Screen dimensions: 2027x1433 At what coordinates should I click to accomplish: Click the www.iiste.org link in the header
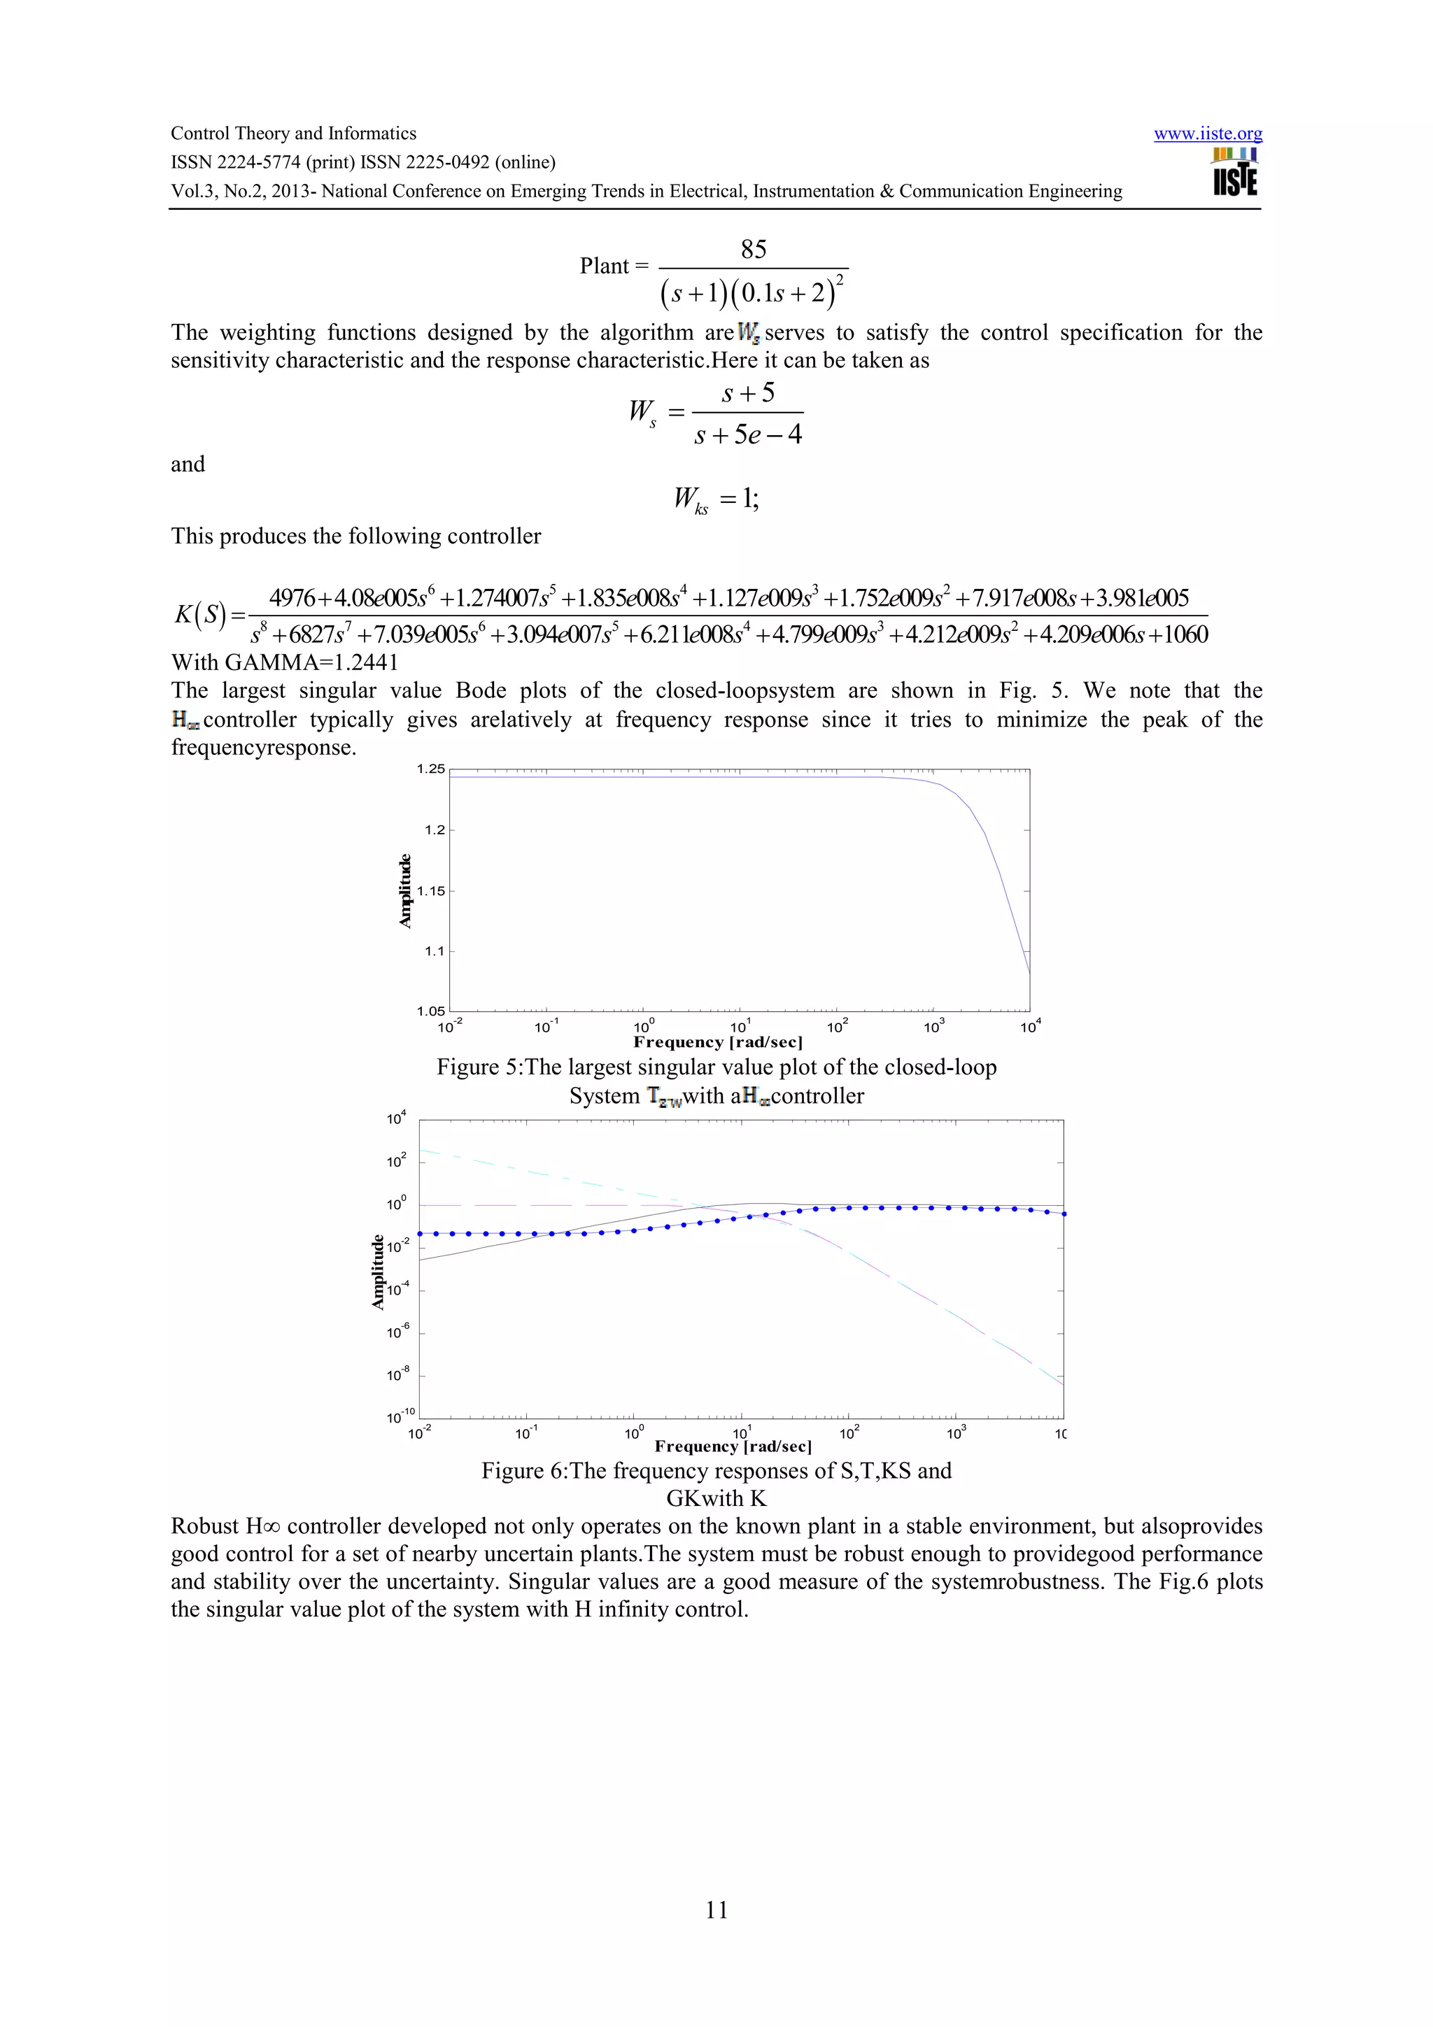[1207, 134]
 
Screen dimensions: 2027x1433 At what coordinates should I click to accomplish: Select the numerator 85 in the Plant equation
[753, 250]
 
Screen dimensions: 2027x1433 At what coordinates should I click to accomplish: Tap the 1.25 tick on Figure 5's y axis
[431, 769]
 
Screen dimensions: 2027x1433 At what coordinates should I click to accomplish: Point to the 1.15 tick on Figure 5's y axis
[431, 891]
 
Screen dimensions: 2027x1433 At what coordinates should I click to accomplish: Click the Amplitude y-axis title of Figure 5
[405, 891]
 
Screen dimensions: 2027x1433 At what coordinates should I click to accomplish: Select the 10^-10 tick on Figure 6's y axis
[400, 1417]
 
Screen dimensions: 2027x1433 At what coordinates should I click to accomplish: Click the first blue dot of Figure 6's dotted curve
[421, 1233]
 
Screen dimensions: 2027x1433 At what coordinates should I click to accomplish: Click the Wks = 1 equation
[716, 499]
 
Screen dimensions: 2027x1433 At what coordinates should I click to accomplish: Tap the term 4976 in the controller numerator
[292, 599]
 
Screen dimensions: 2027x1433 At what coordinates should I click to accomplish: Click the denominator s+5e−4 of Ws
[748, 435]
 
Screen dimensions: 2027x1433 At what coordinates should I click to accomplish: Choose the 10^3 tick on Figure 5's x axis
[933, 1027]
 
